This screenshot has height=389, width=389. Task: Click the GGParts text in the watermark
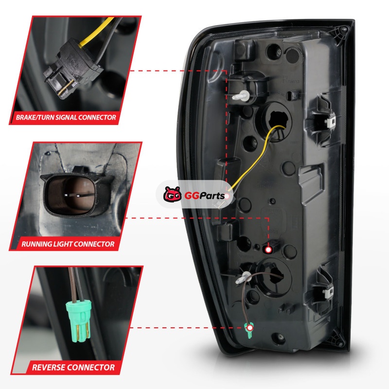(x=204, y=196)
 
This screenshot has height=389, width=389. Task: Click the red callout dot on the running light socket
(x=268, y=249)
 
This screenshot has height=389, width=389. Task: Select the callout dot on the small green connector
(x=250, y=328)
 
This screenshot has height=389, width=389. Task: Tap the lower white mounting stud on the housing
(x=243, y=278)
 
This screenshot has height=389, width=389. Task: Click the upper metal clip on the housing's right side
(x=330, y=121)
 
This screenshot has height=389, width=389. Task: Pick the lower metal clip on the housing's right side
(x=329, y=292)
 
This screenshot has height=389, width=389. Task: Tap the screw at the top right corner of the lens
(x=344, y=29)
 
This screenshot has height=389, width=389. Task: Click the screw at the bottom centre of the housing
(x=281, y=337)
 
